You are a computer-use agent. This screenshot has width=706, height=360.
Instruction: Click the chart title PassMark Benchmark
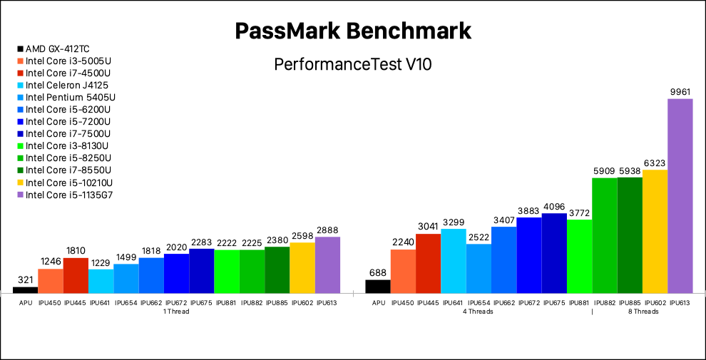click(x=353, y=31)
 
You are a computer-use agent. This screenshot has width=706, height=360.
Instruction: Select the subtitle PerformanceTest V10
click(x=353, y=64)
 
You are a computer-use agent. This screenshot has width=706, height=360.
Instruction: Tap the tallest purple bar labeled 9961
click(x=680, y=196)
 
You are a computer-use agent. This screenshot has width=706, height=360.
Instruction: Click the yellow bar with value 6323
click(x=655, y=231)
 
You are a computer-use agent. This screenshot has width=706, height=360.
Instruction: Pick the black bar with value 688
click(x=377, y=286)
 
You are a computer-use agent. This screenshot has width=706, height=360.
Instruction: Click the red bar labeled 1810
click(x=76, y=275)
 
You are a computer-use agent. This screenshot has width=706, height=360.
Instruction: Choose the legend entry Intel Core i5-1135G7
click(x=68, y=195)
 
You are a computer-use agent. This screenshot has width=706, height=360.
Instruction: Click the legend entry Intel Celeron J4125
click(x=67, y=85)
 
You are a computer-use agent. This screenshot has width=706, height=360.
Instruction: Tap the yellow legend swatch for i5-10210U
click(x=20, y=182)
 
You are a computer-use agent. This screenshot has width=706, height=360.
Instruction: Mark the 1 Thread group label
click(x=176, y=312)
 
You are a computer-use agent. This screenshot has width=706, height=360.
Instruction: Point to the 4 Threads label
click(x=478, y=312)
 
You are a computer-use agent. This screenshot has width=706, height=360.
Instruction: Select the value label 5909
click(x=605, y=171)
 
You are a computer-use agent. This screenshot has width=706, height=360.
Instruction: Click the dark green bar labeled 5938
click(x=630, y=235)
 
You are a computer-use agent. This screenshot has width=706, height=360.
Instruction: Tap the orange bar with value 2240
click(x=403, y=271)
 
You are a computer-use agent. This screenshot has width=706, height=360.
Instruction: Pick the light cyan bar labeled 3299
click(x=453, y=261)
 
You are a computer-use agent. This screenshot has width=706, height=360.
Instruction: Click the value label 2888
click(x=327, y=230)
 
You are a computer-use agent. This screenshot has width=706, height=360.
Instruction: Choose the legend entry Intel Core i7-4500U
click(x=68, y=73)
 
